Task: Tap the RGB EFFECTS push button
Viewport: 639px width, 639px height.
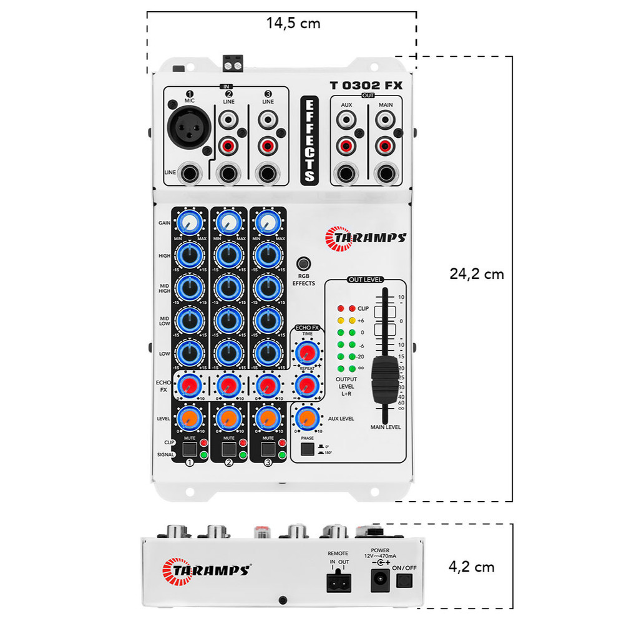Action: [x=304, y=264]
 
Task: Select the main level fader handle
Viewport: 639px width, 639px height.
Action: [x=383, y=379]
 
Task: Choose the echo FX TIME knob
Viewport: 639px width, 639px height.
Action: [x=306, y=354]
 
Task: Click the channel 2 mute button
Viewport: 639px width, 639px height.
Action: [x=228, y=449]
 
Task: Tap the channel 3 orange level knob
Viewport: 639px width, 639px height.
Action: [x=268, y=417]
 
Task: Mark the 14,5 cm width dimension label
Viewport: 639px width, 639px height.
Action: [x=293, y=24]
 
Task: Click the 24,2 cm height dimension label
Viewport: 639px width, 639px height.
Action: [x=477, y=274]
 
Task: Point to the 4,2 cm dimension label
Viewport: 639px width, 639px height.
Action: [x=472, y=567]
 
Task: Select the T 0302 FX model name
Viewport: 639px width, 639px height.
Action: [x=366, y=85]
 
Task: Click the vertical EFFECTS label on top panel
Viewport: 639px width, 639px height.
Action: [x=308, y=140]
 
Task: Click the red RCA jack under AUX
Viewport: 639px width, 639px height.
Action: [x=346, y=147]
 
